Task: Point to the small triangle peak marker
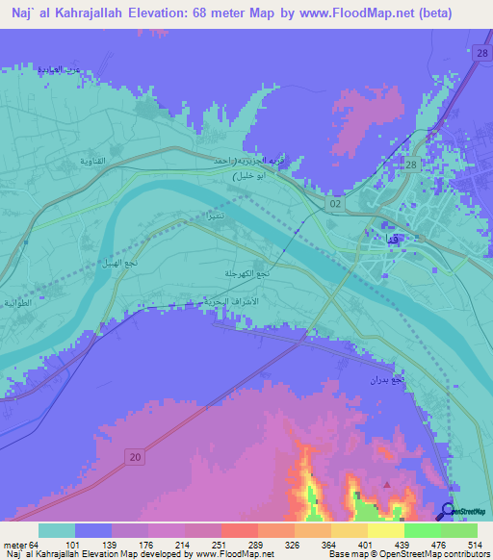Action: point(387,485)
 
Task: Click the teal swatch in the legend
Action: point(57,530)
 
